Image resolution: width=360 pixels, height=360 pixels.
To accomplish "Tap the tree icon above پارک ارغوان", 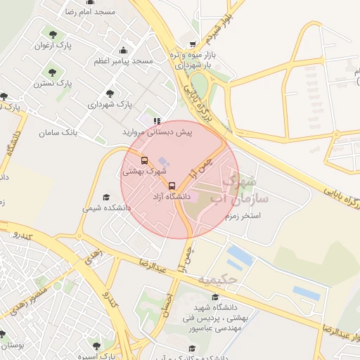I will pos(53,33).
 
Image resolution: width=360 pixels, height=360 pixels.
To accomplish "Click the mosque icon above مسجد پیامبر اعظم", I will pos(124,50).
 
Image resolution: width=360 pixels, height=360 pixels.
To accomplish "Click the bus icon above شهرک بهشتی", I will pos(145,160).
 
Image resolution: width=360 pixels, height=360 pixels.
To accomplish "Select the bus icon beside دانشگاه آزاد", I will pos(172,186).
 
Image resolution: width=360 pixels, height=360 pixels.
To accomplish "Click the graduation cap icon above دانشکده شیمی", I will pos(106,198).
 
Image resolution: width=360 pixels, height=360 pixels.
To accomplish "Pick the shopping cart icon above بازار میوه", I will pos(193,43).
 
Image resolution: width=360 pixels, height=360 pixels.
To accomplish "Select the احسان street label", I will pos(166,302).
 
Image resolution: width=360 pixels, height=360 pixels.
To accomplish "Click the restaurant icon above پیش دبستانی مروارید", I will pos(157,120).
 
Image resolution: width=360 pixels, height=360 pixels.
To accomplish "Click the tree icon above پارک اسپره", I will pos(96,345).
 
